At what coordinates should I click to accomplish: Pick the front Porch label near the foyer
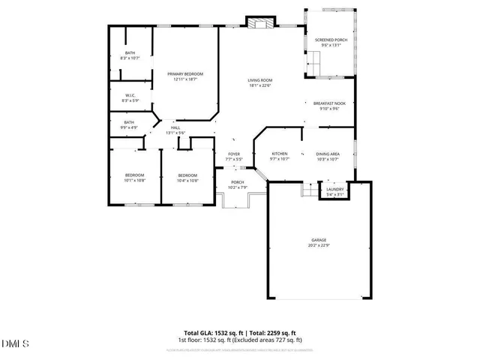click(238, 184)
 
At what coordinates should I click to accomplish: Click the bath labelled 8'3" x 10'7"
click(130, 55)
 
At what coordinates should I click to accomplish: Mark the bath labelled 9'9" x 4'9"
click(130, 124)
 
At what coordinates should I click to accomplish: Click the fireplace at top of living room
click(261, 22)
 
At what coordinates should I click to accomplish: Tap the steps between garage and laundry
click(308, 190)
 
